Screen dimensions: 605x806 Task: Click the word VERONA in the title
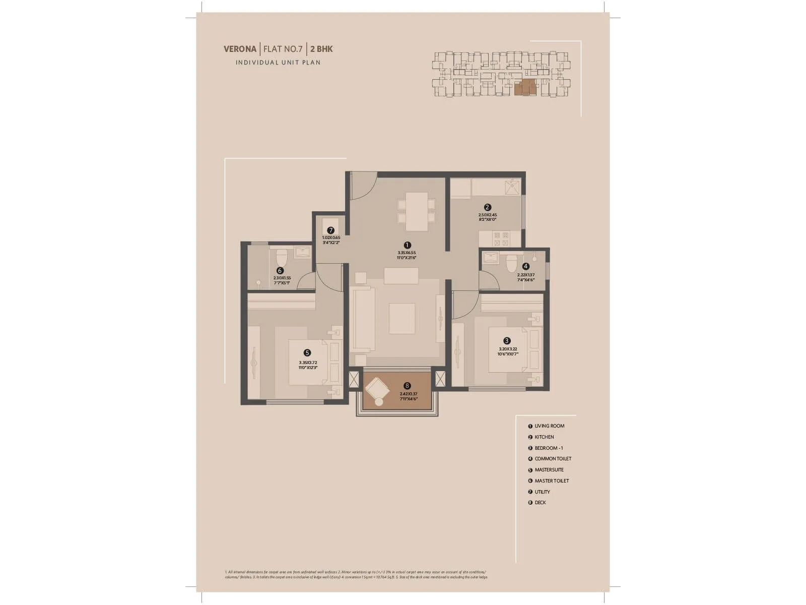pyautogui.click(x=240, y=49)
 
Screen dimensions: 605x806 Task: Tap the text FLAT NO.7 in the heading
pyautogui.click(x=283, y=49)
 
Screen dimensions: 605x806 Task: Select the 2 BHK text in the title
pyautogui.click(x=321, y=49)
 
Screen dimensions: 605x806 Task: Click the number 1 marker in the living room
pyautogui.click(x=407, y=246)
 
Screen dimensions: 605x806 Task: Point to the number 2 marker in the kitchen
pyautogui.click(x=487, y=207)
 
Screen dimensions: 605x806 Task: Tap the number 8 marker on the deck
pyautogui.click(x=407, y=386)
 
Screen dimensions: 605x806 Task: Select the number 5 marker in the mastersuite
pyautogui.click(x=307, y=353)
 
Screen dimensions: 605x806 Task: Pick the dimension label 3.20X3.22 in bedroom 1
pyautogui.click(x=508, y=349)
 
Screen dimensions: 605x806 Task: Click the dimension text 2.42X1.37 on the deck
pyautogui.click(x=409, y=394)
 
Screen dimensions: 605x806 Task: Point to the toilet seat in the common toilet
pyautogui.click(x=511, y=263)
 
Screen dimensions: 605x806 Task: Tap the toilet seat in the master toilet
pyautogui.click(x=282, y=258)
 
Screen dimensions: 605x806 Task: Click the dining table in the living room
pyautogui.click(x=417, y=211)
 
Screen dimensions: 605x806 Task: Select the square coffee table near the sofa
pyautogui.click(x=402, y=318)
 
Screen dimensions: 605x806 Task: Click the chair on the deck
pyautogui.click(x=376, y=390)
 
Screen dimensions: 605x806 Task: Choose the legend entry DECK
pyautogui.click(x=540, y=503)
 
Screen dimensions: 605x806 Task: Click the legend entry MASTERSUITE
pyautogui.click(x=549, y=470)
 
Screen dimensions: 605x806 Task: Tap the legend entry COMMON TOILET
pyautogui.click(x=553, y=459)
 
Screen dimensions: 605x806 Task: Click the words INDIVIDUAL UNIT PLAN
pyautogui.click(x=278, y=63)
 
